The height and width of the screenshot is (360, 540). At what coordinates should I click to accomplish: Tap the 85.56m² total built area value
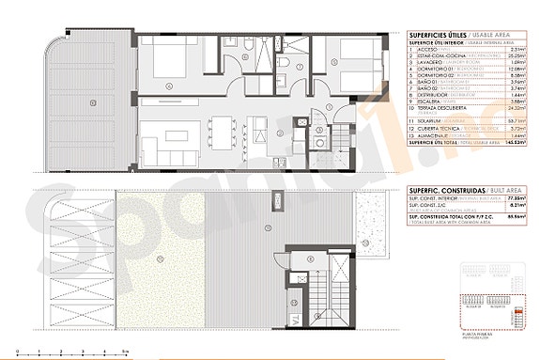(x=512, y=217)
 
